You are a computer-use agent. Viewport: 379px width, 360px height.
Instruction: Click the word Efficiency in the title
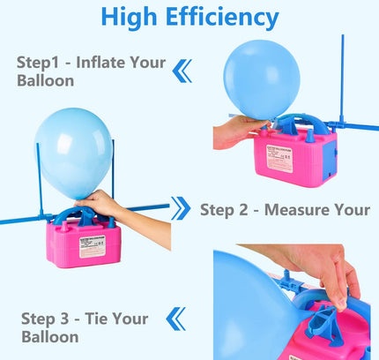point(222,17)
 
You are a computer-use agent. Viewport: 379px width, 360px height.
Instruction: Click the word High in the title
point(129,17)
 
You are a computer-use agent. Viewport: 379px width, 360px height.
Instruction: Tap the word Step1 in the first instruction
point(38,63)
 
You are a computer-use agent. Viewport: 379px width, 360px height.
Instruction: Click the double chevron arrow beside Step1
point(182,71)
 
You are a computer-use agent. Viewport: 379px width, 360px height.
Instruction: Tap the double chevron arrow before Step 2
point(181,208)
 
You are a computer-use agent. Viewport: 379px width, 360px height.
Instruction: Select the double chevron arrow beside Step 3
point(175,319)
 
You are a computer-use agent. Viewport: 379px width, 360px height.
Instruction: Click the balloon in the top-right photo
point(262,80)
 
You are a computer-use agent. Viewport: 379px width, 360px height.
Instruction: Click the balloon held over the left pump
point(73,153)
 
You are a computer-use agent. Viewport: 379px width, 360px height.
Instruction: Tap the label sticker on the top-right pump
point(279,158)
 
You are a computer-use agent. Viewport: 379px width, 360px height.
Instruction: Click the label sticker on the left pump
point(93,246)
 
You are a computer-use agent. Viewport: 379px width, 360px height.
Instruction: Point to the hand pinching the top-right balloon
point(238,131)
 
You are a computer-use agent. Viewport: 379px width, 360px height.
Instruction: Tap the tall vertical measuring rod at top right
point(342,79)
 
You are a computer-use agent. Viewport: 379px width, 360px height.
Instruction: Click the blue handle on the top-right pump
point(302,121)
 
